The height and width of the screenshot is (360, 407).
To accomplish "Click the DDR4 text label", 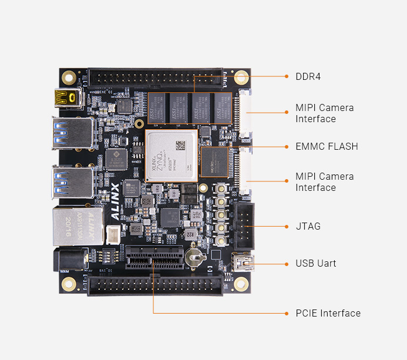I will click(308, 76).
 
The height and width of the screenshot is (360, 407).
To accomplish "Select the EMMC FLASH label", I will click(327, 146).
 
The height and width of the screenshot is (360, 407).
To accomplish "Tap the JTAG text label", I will click(308, 226).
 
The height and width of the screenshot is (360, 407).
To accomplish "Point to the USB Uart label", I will click(316, 263).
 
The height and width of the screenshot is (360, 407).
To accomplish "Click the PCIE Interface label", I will click(328, 313).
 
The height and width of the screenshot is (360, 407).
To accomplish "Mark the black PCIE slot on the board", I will click(153, 258).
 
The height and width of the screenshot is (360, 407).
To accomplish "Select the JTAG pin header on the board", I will click(245, 226).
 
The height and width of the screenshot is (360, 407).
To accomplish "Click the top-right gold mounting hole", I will click(241, 77).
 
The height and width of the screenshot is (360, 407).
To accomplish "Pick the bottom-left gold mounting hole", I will click(69, 284).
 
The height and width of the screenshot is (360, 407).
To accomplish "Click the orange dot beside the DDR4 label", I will click(286, 76).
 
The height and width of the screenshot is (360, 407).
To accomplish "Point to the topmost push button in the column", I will click(222, 189).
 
